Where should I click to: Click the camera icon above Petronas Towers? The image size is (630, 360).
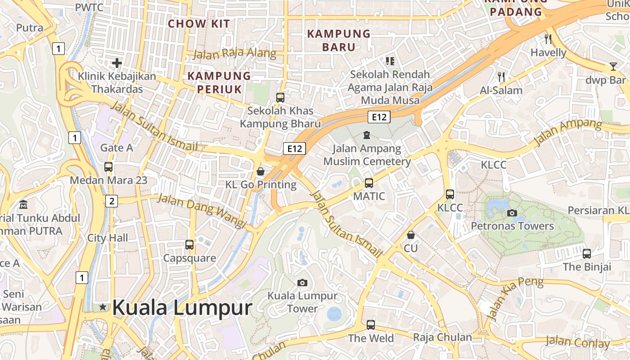pos(512,213)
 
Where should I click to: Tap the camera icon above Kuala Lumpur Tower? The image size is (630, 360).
pos(302,283)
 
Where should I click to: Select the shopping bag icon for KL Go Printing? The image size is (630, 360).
pos(261,171)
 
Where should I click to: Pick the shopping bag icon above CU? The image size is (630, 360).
pos(410,235)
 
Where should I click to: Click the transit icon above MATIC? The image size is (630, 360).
pos(369,183)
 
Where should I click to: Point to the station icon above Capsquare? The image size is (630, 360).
pos(189,245)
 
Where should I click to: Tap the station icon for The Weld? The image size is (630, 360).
pos(371,324)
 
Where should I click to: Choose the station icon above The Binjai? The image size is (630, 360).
pos(587,253)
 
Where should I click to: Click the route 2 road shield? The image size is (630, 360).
pos(112,201)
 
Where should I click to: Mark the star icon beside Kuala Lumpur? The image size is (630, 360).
pos(103,307)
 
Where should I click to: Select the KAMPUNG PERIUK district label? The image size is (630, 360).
pos(219,82)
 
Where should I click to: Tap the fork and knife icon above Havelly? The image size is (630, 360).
pos(548,39)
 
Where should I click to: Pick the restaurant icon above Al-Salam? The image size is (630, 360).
pos(501,77)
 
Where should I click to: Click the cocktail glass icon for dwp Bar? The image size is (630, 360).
pos(613,67)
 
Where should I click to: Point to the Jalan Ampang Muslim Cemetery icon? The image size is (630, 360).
pos(367,135)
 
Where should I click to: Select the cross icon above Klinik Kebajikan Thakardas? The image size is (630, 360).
pos(117,63)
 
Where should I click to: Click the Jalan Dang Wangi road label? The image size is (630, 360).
pos(202,211)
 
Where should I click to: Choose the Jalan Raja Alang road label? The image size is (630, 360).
pos(234,54)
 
